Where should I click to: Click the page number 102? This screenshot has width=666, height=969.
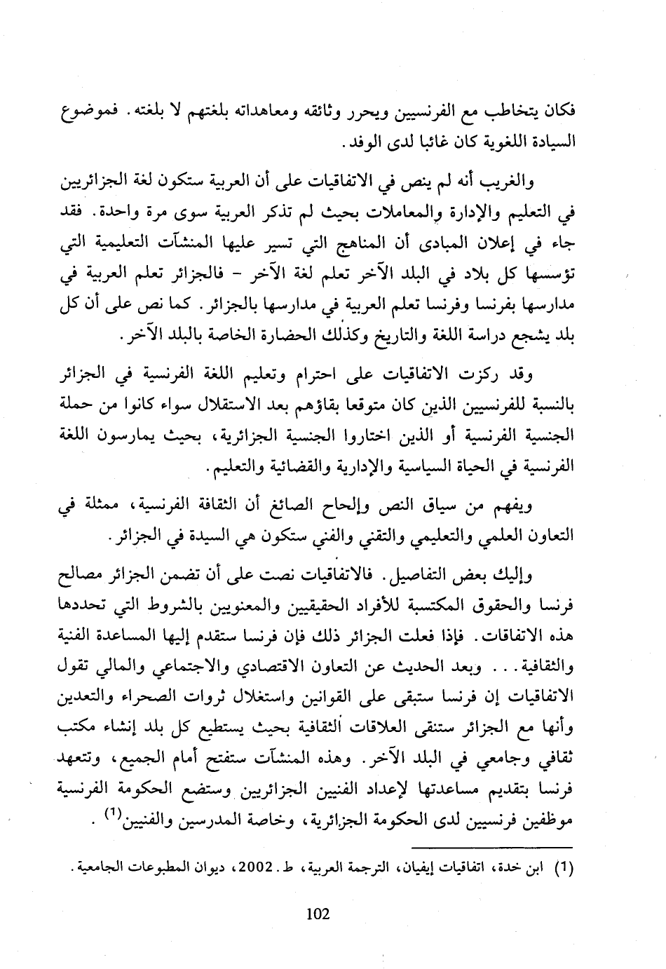coord(318,914)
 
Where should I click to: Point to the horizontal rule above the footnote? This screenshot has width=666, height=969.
coord(491,848)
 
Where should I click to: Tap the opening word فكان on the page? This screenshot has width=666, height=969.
coord(559,111)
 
